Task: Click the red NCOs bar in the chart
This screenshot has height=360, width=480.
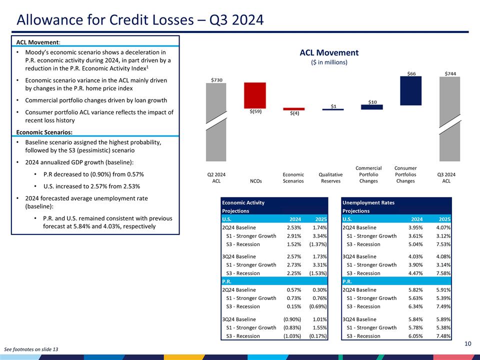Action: pyautogui.click(x=254, y=94)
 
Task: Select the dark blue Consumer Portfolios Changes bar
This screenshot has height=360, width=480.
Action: pyautogui.click(x=410, y=90)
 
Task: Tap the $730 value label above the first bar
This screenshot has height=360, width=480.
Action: pyautogui.click(x=216, y=79)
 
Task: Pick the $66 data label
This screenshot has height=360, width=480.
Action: pyautogui.click(x=411, y=73)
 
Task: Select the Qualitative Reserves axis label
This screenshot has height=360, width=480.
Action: pyautogui.click(x=330, y=177)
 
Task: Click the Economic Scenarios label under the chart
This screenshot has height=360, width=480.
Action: pyautogui.click(x=293, y=177)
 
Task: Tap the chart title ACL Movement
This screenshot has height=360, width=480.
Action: pyautogui.click(x=329, y=52)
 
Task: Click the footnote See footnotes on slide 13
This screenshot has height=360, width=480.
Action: pyautogui.click(x=31, y=348)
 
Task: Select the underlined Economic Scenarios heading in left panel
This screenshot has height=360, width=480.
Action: pyautogui.click(x=44, y=132)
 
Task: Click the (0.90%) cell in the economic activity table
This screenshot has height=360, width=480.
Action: pyautogui.click(x=292, y=319)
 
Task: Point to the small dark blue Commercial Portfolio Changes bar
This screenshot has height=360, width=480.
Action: pyautogui.click(x=371, y=107)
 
